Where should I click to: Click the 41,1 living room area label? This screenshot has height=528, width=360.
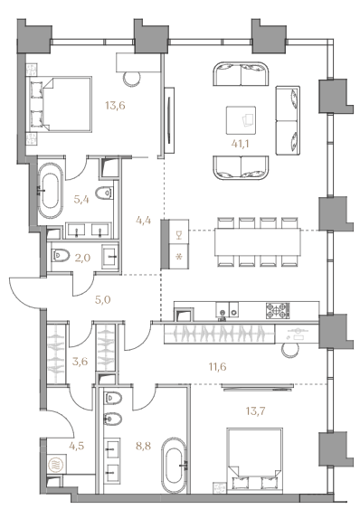click(x=240, y=144)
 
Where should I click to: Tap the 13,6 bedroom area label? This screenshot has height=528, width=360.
click(x=115, y=106)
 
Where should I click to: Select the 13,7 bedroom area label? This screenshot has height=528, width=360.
click(x=255, y=410)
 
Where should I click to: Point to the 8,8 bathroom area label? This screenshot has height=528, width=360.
click(x=143, y=446)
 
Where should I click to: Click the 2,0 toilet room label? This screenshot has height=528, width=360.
click(x=82, y=258)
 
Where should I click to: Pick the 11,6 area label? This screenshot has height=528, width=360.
click(x=218, y=367)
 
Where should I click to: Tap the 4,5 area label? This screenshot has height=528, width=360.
click(x=77, y=446)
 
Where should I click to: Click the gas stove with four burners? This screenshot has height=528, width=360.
click(x=278, y=310)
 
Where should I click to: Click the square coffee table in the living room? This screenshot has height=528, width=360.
click(x=241, y=120)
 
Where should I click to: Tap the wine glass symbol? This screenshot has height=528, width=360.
click(x=179, y=235)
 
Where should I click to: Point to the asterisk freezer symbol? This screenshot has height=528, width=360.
click(x=179, y=258)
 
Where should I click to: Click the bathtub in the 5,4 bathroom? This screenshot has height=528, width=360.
click(x=51, y=191)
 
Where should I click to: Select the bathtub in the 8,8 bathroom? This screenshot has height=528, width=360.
click(x=174, y=465)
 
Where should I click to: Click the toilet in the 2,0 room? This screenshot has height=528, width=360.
click(x=61, y=256)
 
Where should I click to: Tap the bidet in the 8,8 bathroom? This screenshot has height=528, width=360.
click(x=112, y=420)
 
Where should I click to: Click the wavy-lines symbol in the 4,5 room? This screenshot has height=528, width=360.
click(x=55, y=465)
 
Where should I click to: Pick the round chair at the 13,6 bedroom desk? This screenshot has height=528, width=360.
click(x=132, y=80)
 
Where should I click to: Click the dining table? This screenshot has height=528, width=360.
click(x=258, y=241)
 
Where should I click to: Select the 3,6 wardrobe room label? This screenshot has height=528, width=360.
click(x=81, y=362)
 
